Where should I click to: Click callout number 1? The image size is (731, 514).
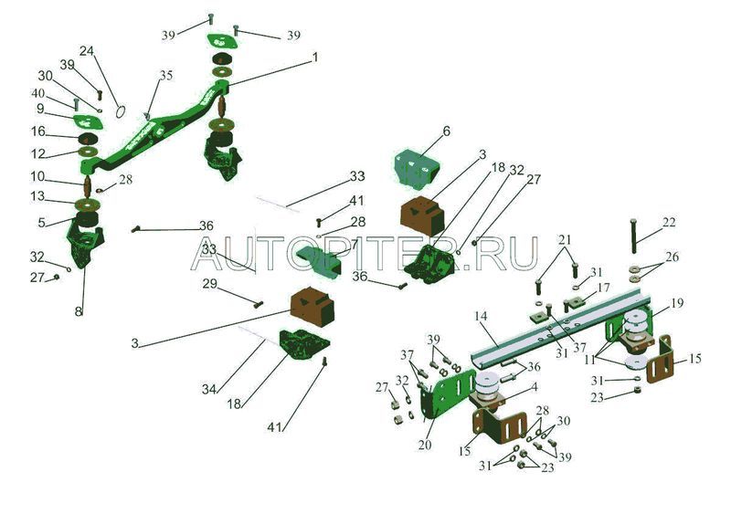click(314, 57)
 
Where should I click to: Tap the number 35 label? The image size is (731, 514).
click(164, 74)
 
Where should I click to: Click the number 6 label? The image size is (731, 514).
click(446, 131)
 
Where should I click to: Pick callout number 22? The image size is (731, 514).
click(670, 223)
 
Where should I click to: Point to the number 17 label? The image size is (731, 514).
click(604, 288)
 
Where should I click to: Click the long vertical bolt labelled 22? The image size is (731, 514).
click(633, 239)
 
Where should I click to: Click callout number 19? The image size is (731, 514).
click(677, 302)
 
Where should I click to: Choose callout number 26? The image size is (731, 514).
click(673, 257)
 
